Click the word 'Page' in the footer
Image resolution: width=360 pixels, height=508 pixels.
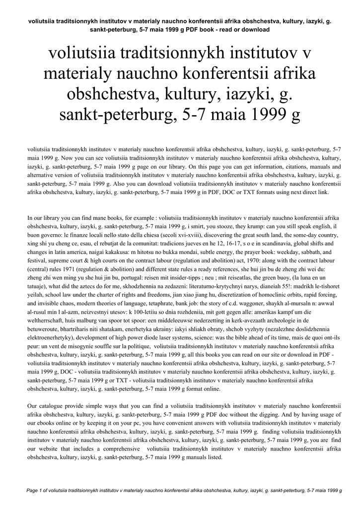31,491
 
